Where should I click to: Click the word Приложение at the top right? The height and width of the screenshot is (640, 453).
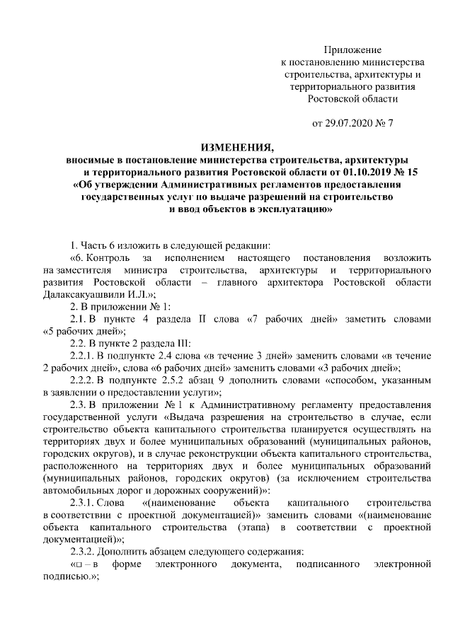point(352,50)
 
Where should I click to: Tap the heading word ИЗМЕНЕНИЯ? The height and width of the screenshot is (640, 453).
point(236,147)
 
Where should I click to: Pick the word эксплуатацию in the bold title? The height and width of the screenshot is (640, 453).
point(282,210)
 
